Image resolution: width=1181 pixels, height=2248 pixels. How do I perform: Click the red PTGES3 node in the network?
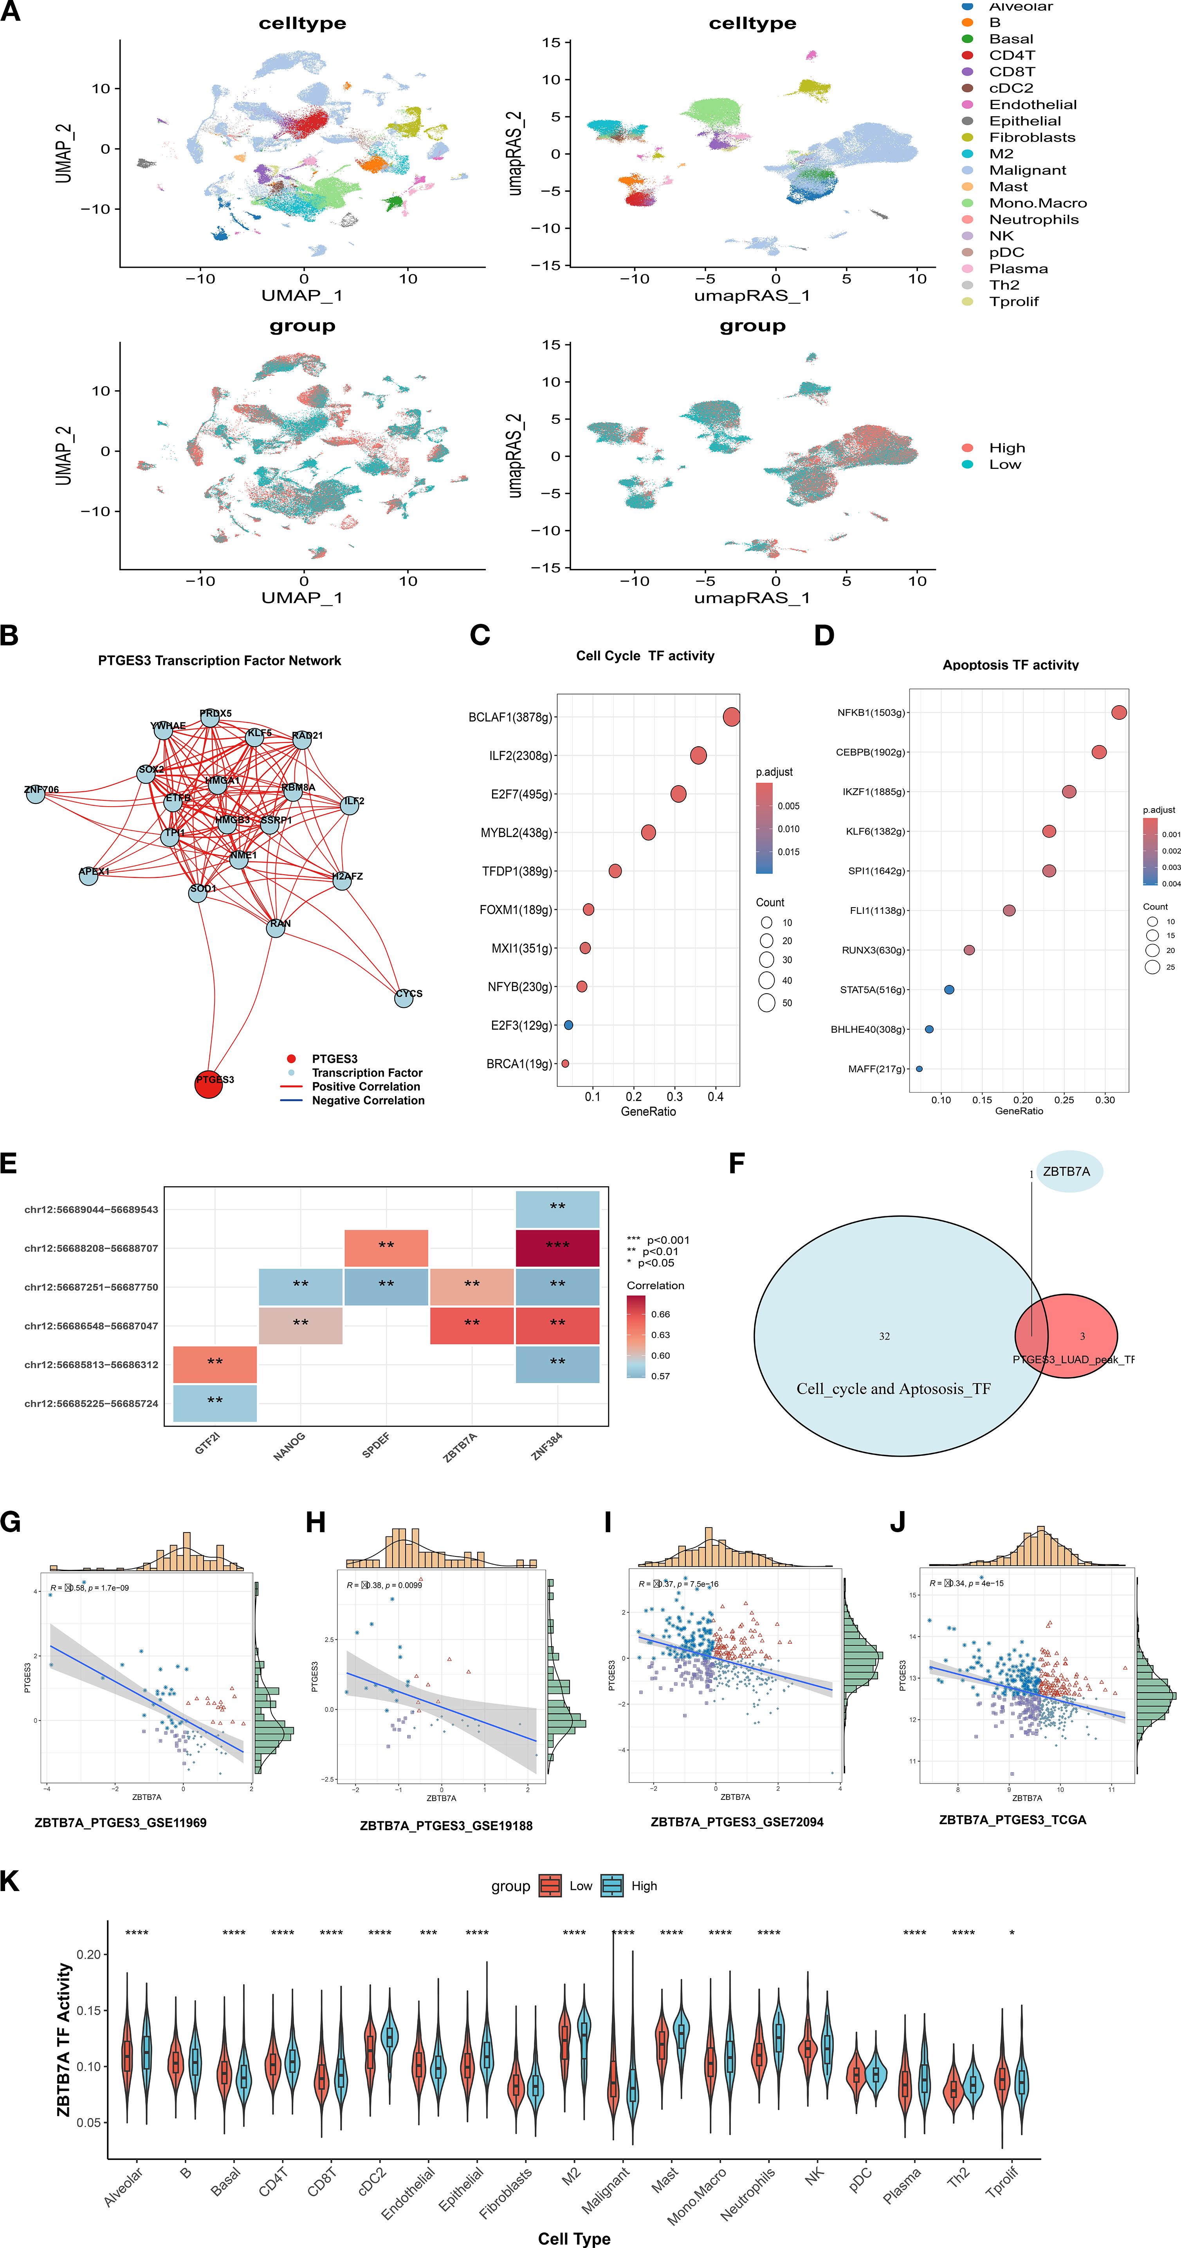click(209, 1083)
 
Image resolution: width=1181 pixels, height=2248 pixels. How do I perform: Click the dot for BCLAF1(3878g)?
click(732, 717)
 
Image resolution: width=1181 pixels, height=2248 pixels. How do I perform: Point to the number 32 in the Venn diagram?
click(884, 1336)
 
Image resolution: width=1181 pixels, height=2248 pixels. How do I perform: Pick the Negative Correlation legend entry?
click(368, 1101)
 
